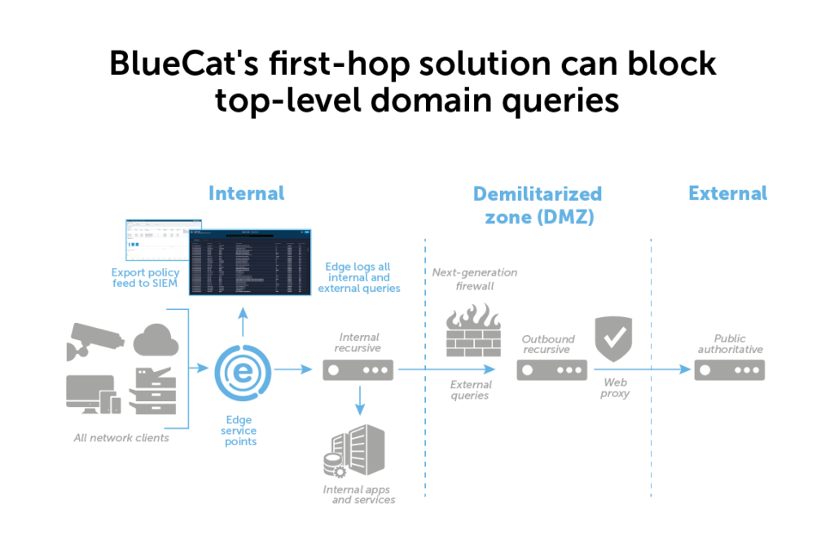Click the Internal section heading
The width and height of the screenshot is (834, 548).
(x=246, y=193)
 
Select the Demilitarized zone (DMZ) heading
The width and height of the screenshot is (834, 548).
(x=538, y=205)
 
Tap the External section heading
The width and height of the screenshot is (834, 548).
(x=727, y=193)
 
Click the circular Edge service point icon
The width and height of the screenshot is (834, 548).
(x=242, y=371)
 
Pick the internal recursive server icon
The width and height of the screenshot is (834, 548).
(x=358, y=370)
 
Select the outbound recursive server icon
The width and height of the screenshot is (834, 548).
(x=552, y=370)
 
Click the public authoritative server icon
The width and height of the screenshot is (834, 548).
(x=729, y=370)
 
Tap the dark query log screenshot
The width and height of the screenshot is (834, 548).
(x=250, y=263)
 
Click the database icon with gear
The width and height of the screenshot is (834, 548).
(x=335, y=466)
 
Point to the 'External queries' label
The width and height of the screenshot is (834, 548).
(x=470, y=389)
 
